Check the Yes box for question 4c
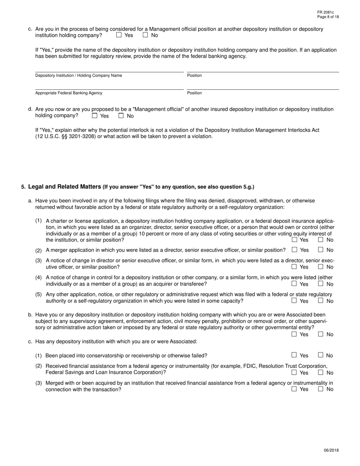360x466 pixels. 119,35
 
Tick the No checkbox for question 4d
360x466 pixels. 121,116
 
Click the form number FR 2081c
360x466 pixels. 326,13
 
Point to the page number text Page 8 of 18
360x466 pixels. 328,17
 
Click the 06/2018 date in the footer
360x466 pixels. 331,450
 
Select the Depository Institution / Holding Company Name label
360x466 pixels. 78,75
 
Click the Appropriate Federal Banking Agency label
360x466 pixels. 69,93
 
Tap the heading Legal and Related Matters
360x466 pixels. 65,186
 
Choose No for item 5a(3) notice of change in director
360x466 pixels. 321,267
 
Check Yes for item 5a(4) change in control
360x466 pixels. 294,283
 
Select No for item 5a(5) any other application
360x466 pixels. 321,300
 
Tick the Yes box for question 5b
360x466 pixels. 294,334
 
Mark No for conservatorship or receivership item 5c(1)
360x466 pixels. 321,355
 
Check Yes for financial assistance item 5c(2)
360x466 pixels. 294,372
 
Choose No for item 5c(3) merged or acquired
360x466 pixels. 321,389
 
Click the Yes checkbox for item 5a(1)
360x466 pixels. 294,239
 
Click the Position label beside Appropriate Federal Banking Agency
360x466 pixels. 194,93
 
